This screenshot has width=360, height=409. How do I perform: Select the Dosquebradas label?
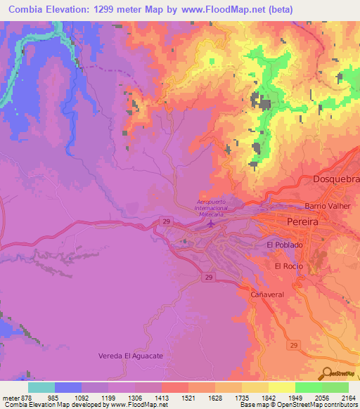(x=335, y=178)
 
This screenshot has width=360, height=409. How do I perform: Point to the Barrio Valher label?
(x=328, y=206)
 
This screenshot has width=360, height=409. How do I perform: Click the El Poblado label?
(x=284, y=245)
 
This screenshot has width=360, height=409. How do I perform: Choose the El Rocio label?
(x=288, y=266)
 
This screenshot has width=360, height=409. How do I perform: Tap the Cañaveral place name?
(x=267, y=295)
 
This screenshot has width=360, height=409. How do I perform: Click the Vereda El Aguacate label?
(x=130, y=356)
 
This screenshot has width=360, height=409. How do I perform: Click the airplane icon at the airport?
(x=212, y=224)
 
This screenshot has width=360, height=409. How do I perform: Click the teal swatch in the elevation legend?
(x=41, y=387)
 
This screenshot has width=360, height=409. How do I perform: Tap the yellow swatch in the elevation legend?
(x=281, y=387)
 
